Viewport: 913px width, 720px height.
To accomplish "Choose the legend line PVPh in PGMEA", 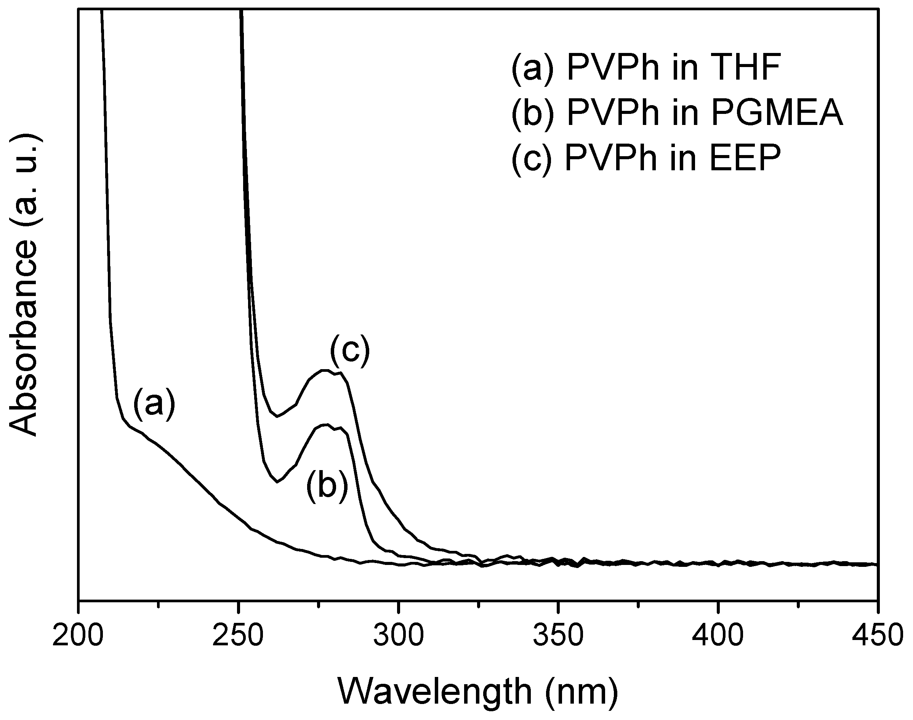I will click(677, 113).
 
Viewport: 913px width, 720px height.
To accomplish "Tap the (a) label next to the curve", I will click(154, 404).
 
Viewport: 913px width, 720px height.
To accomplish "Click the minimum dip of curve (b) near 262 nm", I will click(277, 482).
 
